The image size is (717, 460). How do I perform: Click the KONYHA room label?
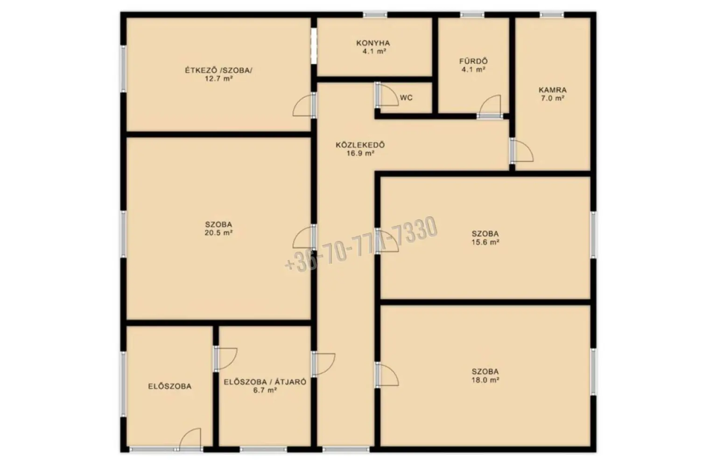tap(373, 43)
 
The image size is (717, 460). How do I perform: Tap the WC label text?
tap(406, 98)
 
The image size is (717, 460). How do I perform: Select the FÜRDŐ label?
tap(473, 61)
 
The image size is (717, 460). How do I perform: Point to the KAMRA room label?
tap(553, 90)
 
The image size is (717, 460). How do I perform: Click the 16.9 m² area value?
tap(360, 153)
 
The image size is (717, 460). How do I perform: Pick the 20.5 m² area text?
tap(218, 233)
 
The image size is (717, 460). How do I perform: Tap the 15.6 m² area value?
tap(485, 242)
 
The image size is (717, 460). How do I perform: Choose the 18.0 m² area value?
tap(485, 380)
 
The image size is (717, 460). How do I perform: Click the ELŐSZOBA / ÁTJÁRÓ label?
tap(265, 382)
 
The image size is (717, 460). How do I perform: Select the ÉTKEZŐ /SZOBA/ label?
tap(218, 70)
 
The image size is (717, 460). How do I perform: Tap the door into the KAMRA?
tap(522, 150)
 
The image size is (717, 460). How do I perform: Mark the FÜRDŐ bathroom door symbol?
tap(489, 107)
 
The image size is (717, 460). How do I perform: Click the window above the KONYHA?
tap(375, 15)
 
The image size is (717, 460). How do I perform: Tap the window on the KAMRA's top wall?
tap(552, 15)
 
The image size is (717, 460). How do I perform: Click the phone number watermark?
tap(361, 244)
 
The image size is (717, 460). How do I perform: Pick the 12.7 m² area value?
tap(218, 79)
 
